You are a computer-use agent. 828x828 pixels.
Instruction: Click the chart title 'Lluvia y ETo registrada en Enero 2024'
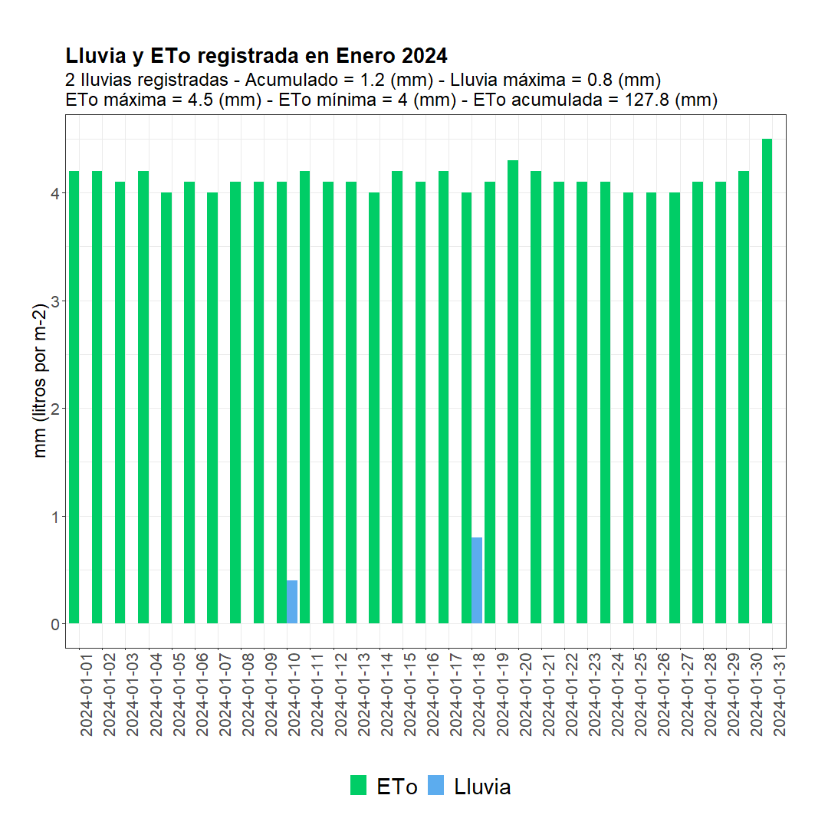click(256, 55)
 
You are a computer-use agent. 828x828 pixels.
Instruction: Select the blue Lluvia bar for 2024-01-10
click(292, 602)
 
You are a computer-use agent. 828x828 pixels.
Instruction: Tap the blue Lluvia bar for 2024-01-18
click(477, 580)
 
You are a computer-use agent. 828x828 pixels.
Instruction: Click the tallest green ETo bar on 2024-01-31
click(767, 381)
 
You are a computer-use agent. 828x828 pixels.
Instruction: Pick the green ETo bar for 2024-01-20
click(513, 392)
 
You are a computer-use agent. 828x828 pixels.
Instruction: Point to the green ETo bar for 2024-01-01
click(74, 397)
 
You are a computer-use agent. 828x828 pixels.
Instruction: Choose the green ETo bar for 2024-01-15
click(397, 397)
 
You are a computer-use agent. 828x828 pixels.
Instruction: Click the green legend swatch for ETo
click(358, 785)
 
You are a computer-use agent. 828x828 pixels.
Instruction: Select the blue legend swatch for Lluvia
click(435, 785)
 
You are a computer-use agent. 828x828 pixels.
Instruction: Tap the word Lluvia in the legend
click(482, 787)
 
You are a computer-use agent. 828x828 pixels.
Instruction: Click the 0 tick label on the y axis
click(55, 624)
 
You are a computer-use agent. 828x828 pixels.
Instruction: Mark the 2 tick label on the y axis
click(55, 409)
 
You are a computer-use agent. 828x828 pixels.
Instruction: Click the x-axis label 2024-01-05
click(179, 695)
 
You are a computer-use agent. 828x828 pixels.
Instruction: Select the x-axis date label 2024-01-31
click(780, 695)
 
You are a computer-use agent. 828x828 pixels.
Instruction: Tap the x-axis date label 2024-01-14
click(386, 695)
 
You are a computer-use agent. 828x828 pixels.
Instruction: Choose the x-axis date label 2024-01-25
click(640, 695)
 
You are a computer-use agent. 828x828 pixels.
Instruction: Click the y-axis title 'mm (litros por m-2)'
click(40, 380)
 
